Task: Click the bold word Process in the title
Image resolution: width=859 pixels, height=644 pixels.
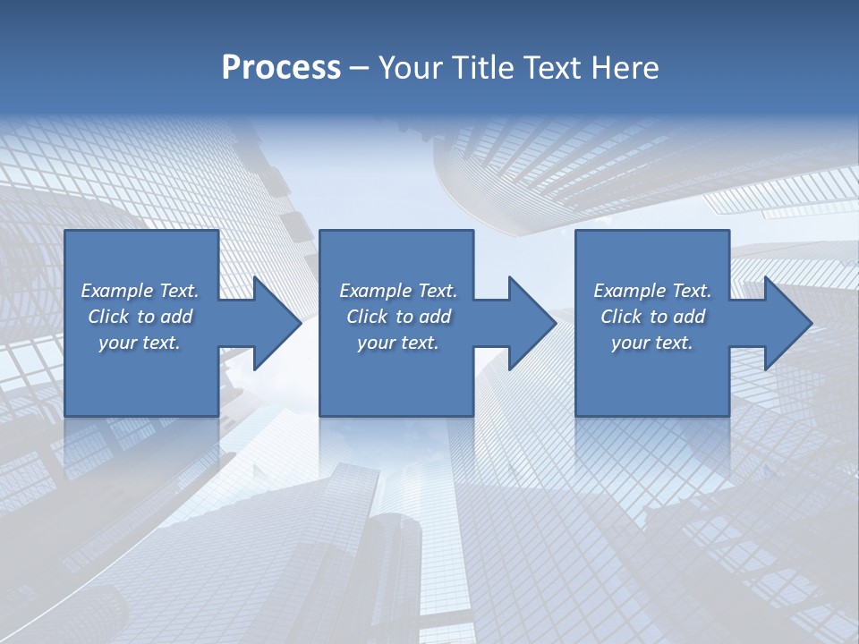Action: coord(281,68)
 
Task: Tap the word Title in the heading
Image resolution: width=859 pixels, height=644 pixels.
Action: coord(482,68)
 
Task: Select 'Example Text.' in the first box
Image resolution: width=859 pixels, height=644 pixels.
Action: coord(140,291)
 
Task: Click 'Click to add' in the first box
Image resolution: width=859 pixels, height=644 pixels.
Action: coord(140,317)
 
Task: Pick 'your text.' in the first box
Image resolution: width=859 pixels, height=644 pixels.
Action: coord(140,343)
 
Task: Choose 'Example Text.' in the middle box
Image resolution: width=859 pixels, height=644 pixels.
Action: coord(397,291)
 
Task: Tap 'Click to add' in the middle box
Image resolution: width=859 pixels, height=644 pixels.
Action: coord(397,317)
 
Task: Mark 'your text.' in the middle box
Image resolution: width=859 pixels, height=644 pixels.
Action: coord(397,343)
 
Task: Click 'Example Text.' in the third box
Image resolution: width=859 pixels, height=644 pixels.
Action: coord(652,291)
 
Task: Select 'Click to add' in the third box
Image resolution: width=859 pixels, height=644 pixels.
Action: coord(652,317)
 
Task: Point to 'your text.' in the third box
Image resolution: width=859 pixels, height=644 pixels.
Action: coord(652,343)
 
